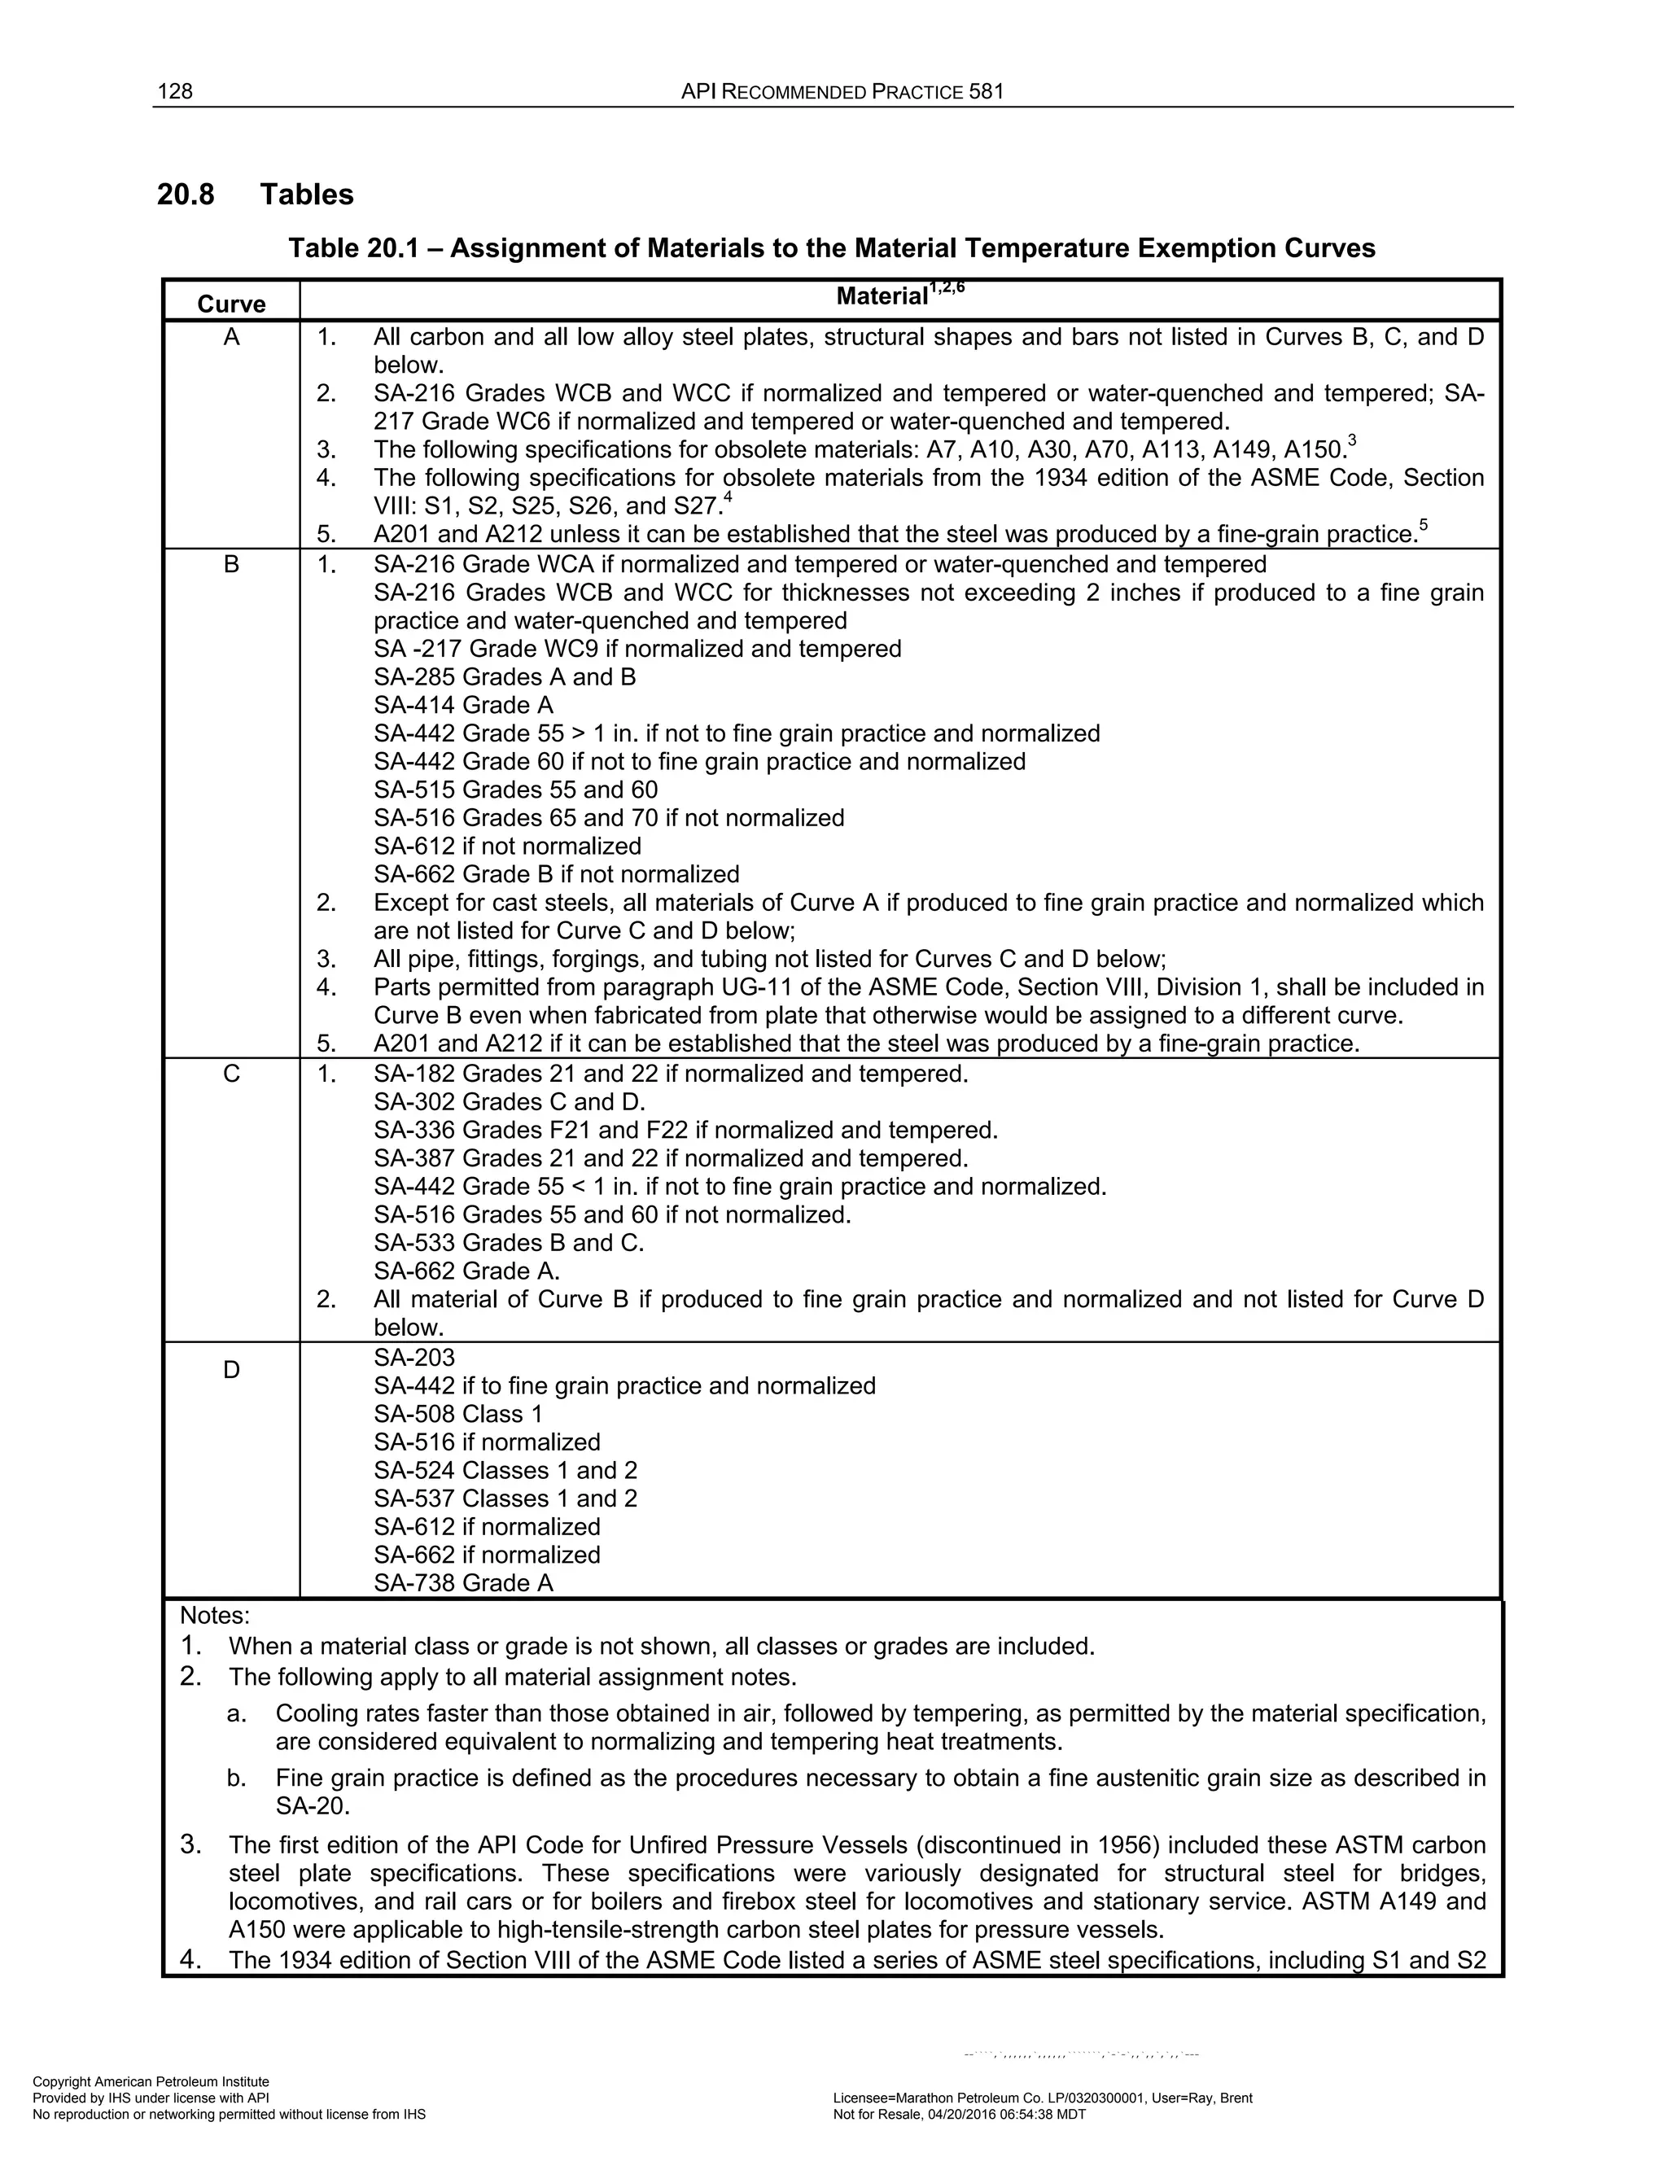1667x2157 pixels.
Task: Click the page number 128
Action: pyautogui.click(x=175, y=92)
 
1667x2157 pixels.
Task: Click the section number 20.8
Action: pyautogui.click(x=186, y=195)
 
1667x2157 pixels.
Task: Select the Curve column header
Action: pyautogui.click(x=231, y=304)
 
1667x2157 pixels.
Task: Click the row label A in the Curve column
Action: pyautogui.click(x=231, y=338)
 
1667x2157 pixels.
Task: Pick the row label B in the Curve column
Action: pyautogui.click(x=231, y=565)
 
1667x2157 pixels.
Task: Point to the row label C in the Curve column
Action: pyautogui.click(x=231, y=1074)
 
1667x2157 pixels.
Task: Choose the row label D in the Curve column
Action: pyautogui.click(x=231, y=1370)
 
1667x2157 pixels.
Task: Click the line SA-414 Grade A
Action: pyautogui.click(x=463, y=705)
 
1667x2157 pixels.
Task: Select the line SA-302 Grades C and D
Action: pyautogui.click(x=509, y=1102)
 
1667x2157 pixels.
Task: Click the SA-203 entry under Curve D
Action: pyautogui.click(x=413, y=1358)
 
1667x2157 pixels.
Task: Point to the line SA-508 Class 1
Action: pyautogui.click(x=458, y=1415)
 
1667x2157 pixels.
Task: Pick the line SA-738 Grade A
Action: pyautogui.click(x=463, y=1583)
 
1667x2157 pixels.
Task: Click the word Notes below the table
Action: pyautogui.click(x=214, y=1617)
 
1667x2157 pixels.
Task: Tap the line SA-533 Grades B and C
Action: pyautogui.click(x=509, y=1242)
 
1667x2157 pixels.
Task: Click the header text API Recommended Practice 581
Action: pyautogui.click(x=842, y=92)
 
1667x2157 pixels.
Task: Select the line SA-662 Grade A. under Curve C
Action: pyautogui.click(x=466, y=1271)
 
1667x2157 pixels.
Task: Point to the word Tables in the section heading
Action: pyautogui.click(x=306, y=195)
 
